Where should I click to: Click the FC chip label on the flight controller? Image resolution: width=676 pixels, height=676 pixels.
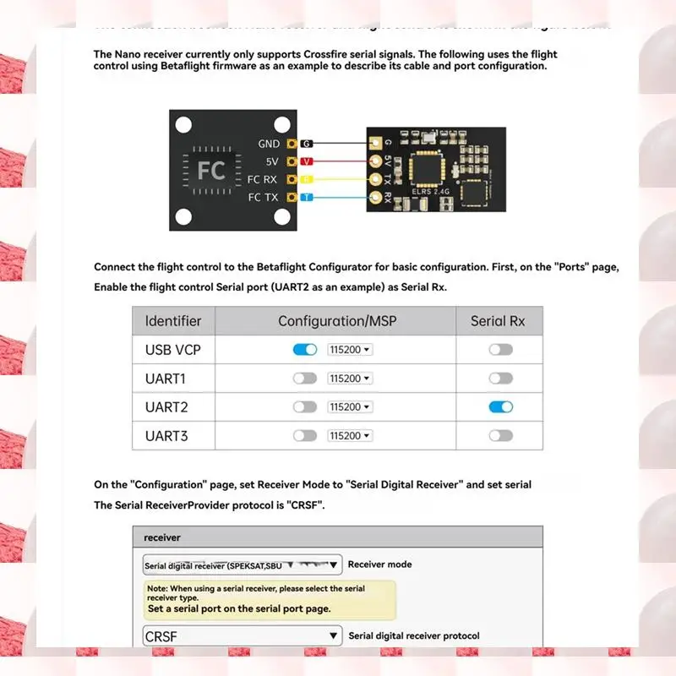pos(211,170)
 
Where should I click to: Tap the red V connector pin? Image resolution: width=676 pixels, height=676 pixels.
pos(308,161)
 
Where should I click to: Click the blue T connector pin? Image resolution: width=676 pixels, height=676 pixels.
pos(308,197)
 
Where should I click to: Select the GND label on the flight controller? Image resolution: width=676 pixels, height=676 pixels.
pos(269,144)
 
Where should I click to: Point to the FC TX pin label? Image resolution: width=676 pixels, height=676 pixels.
pos(262,197)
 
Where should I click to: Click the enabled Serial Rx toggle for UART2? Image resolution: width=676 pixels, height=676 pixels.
pos(500,406)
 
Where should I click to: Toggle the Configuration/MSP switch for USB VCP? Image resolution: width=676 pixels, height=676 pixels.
pos(304,349)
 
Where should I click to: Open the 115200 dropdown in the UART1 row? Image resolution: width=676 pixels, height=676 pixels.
pos(350,379)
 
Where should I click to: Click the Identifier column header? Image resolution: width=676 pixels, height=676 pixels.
pos(173,321)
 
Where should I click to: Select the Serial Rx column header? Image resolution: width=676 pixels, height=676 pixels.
pos(498,321)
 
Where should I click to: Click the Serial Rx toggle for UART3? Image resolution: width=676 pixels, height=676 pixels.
pos(500,435)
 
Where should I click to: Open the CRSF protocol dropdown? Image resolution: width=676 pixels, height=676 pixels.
pos(242,636)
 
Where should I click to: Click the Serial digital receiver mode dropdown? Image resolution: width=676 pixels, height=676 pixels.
pos(242,565)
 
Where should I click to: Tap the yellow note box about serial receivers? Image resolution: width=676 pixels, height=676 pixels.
pos(269,598)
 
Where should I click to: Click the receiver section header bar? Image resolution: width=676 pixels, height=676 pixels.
pos(337,537)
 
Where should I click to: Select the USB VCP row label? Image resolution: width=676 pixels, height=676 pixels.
pos(173,349)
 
